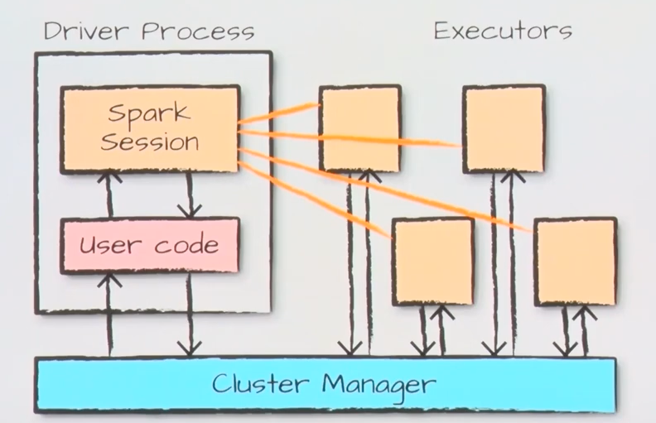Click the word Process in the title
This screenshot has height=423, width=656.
click(198, 31)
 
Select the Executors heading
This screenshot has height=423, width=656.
click(503, 31)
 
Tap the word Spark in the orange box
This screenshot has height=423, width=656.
click(149, 113)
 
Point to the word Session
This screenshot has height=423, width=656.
click(150, 142)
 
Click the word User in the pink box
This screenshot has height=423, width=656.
click(109, 244)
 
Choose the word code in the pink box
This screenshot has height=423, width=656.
click(186, 244)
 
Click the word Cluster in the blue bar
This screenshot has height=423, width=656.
click(260, 383)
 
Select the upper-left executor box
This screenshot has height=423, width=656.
click(360, 128)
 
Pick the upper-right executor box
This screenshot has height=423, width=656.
click(504, 129)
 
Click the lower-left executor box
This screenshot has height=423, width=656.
click(433, 262)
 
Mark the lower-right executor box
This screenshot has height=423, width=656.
click(576, 262)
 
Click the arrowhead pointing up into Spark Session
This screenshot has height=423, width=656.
click(109, 177)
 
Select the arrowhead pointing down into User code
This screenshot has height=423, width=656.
click(190, 211)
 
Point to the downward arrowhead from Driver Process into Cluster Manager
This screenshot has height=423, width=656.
click(190, 349)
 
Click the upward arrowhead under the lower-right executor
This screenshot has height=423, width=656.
click(585, 313)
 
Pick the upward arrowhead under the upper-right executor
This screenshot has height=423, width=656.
click(513, 176)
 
